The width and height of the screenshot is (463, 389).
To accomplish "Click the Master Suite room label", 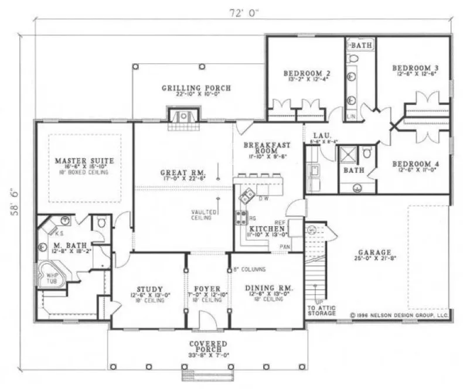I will coord(84,160).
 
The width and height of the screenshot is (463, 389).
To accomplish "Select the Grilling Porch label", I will coord(196,88).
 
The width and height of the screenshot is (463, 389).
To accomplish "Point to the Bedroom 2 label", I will coord(307,73).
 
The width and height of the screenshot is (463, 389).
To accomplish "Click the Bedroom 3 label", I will coord(415,68).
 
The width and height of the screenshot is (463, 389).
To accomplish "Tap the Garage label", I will coord(375,254).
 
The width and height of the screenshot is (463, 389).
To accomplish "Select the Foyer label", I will coord(207,289).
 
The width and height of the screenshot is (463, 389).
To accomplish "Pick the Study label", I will coord(149,288).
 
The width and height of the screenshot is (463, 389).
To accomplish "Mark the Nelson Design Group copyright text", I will coord(400,315).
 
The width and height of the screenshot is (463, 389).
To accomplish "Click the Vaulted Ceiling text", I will coord(200,215).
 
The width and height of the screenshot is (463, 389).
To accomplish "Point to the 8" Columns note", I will coord(250,269).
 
